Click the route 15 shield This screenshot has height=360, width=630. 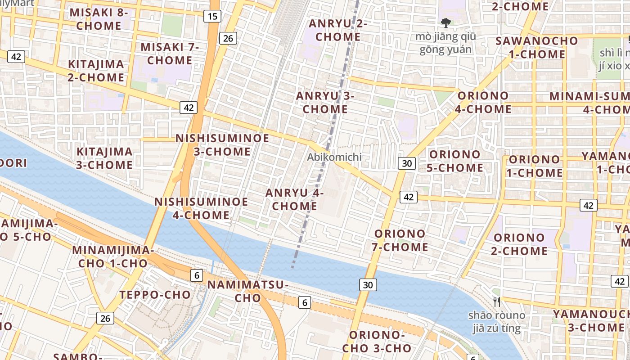pyautogui.click(x=212, y=17)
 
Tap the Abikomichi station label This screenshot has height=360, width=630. pyautogui.click(x=334, y=157)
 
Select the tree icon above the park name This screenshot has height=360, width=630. pyautogui.click(x=445, y=22)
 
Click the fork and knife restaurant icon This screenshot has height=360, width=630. pyautogui.click(x=497, y=301)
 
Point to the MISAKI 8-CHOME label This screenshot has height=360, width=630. pyautogui.click(x=99, y=19)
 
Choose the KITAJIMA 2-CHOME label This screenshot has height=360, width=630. pyautogui.click(x=96, y=71)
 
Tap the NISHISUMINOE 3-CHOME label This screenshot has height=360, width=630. pyautogui.click(x=222, y=145)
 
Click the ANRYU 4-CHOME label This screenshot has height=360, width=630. pyautogui.click(x=295, y=199)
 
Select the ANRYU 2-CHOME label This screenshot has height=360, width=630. pyautogui.click(x=337, y=30)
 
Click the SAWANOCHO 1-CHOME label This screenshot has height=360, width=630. pyautogui.click(x=536, y=47)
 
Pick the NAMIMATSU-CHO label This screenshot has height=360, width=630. pyautogui.click(x=247, y=291)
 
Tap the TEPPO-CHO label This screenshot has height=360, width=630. pyautogui.click(x=155, y=295)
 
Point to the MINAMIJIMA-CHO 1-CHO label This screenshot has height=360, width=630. pyautogui.click(x=113, y=256)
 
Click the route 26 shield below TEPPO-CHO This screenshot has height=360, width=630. pyautogui.click(x=105, y=319)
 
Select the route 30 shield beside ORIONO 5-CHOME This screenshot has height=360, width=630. pyautogui.click(x=406, y=163)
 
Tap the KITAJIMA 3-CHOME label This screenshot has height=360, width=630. pyautogui.click(x=104, y=158)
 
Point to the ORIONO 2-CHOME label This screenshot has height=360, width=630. pyautogui.click(x=519, y=244)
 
